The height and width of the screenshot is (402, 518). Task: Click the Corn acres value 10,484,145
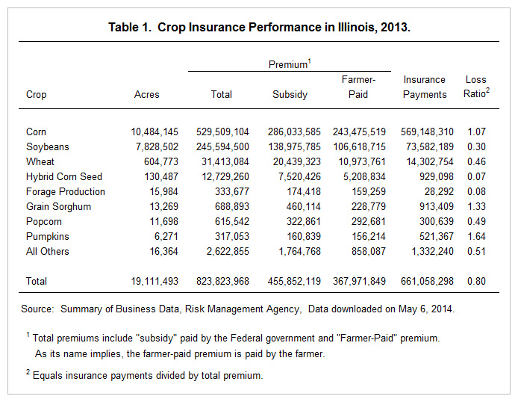tap(155, 132)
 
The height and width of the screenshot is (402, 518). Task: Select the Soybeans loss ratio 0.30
tap(476, 146)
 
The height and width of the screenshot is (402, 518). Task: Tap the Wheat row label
tap(40, 161)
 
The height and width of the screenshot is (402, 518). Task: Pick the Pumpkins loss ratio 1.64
tap(476, 236)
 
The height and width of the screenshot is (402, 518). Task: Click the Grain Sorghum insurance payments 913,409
tap(437, 207)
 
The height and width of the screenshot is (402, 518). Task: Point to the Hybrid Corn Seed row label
tap(64, 176)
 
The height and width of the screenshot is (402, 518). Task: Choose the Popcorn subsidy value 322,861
tap(304, 221)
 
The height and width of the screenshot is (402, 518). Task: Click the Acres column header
tap(147, 95)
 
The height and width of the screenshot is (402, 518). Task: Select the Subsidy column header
tap(290, 95)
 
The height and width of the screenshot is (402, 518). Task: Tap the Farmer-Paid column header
tap(358, 87)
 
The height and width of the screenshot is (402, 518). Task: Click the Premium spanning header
tap(290, 64)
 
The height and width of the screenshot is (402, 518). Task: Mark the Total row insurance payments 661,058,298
tap(427, 282)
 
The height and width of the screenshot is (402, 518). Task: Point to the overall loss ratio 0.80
tap(476, 282)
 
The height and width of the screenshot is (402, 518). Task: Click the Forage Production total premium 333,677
tap(232, 192)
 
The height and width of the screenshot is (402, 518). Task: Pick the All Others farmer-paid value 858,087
tap(369, 251)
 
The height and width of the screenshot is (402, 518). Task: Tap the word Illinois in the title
tap(356, 27)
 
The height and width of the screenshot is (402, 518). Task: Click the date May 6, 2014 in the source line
tap(426, 309)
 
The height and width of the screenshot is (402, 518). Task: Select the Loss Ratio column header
tap(476, 87)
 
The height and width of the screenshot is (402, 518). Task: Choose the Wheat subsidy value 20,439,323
tap(297, 161)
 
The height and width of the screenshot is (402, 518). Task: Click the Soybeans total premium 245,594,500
tap(222, 146)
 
